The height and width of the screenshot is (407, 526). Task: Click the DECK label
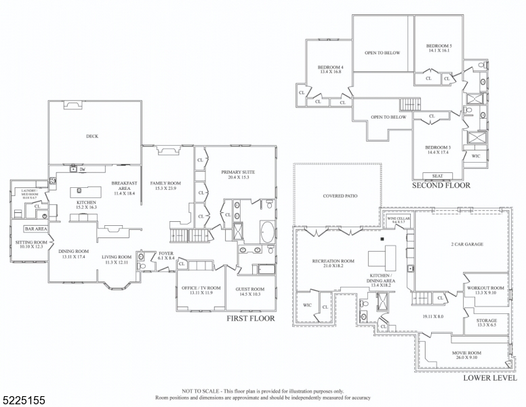[92, 136]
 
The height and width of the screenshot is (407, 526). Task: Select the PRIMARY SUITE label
[235, 172]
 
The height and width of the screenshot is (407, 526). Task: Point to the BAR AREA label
[35, 229]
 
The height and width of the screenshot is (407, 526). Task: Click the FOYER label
[166, 254]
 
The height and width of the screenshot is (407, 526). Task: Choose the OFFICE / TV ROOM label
[201, 288]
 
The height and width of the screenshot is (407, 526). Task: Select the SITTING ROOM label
[31, 242]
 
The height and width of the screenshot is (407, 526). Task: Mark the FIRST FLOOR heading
[251, 319]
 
